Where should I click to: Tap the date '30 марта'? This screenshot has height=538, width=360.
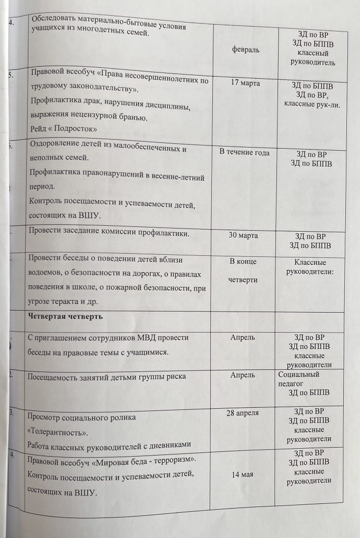point(243,235)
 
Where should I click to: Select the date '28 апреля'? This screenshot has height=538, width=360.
point(243,413)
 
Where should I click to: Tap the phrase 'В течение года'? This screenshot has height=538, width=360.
point(244,152)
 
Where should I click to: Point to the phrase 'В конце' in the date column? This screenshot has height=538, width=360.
point(243,261)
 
